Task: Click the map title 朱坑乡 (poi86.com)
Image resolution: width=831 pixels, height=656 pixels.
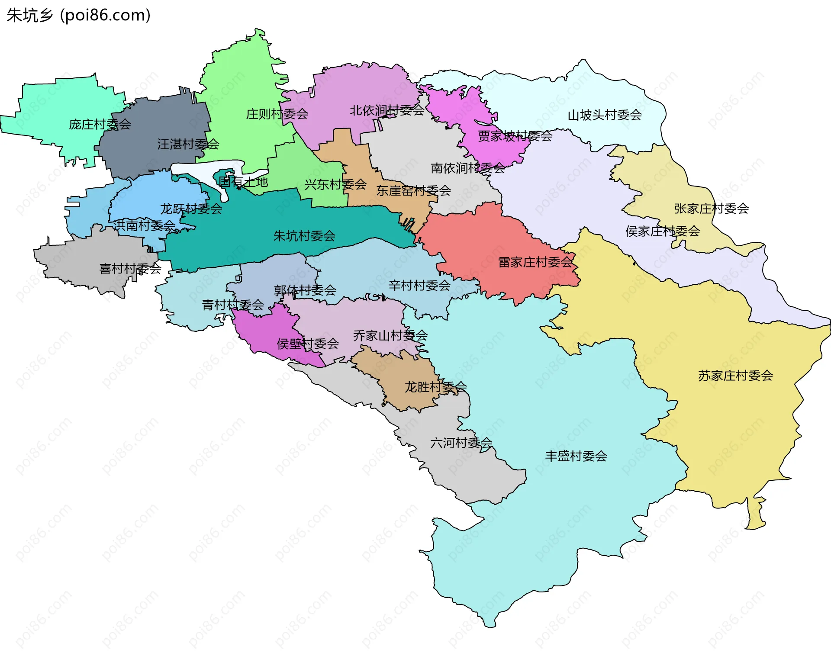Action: pyautogui.click(x=78, y=15)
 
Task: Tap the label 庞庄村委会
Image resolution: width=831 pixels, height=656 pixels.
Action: pyautogui.click(x=100, y=125)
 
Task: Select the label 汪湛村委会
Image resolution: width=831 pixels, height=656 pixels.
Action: pyautogui.click(x=188, y=144)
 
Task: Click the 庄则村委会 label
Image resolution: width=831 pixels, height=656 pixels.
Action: pyautogui.click(x=277, y=114)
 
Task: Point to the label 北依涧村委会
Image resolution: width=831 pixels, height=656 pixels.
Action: pyautogui.click(x=387, y=111)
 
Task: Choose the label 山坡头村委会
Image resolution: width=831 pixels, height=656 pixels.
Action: pyautogui.click(x=604, y=115)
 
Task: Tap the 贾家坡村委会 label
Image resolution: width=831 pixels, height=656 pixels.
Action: pyautogui.click(x=515, y=136)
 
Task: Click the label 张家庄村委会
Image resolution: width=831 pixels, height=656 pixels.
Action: pyautogui.click(x=711, y=209)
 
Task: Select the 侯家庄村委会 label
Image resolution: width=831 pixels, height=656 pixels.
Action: pyautogui.click(x=662, y=232)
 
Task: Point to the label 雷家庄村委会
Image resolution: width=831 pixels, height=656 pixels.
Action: pyautogui.click(x=535, y=262)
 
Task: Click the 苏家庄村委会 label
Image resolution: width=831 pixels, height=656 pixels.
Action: pyautogui.click(x=735, y=376)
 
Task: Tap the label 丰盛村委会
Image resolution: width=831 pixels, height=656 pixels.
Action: pyautogui.click(x=576, y=456)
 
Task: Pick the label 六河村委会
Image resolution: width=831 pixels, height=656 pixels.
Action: pyautogui.click(x=461, y=443)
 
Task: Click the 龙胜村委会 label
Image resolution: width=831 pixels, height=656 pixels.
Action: pyautogui.click(x=435, y=387)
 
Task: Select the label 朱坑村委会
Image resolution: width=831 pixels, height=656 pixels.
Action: pyautogui.click(x=304, y=236)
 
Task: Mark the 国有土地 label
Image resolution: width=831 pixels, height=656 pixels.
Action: pyautogui.click(x=243, y=182)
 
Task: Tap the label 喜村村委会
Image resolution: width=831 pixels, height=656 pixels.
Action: pyautogui.click(x=130, y=269)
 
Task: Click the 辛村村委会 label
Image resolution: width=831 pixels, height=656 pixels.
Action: pyautogui.click(x=419, y=286)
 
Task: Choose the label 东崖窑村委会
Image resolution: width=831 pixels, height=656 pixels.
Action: pyautogui.click(x=413, y=191)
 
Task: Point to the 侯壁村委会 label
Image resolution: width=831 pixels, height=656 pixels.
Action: pyautogui.click(x=308, y=344)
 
